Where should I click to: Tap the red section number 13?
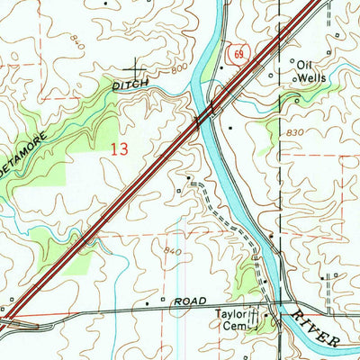click(x=117, y=149)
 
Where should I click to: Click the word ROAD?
click(x=191, y=299)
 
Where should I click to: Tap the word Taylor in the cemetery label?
click(x=229, y=316)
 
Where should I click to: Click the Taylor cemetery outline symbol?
click(x=253, y=317)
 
